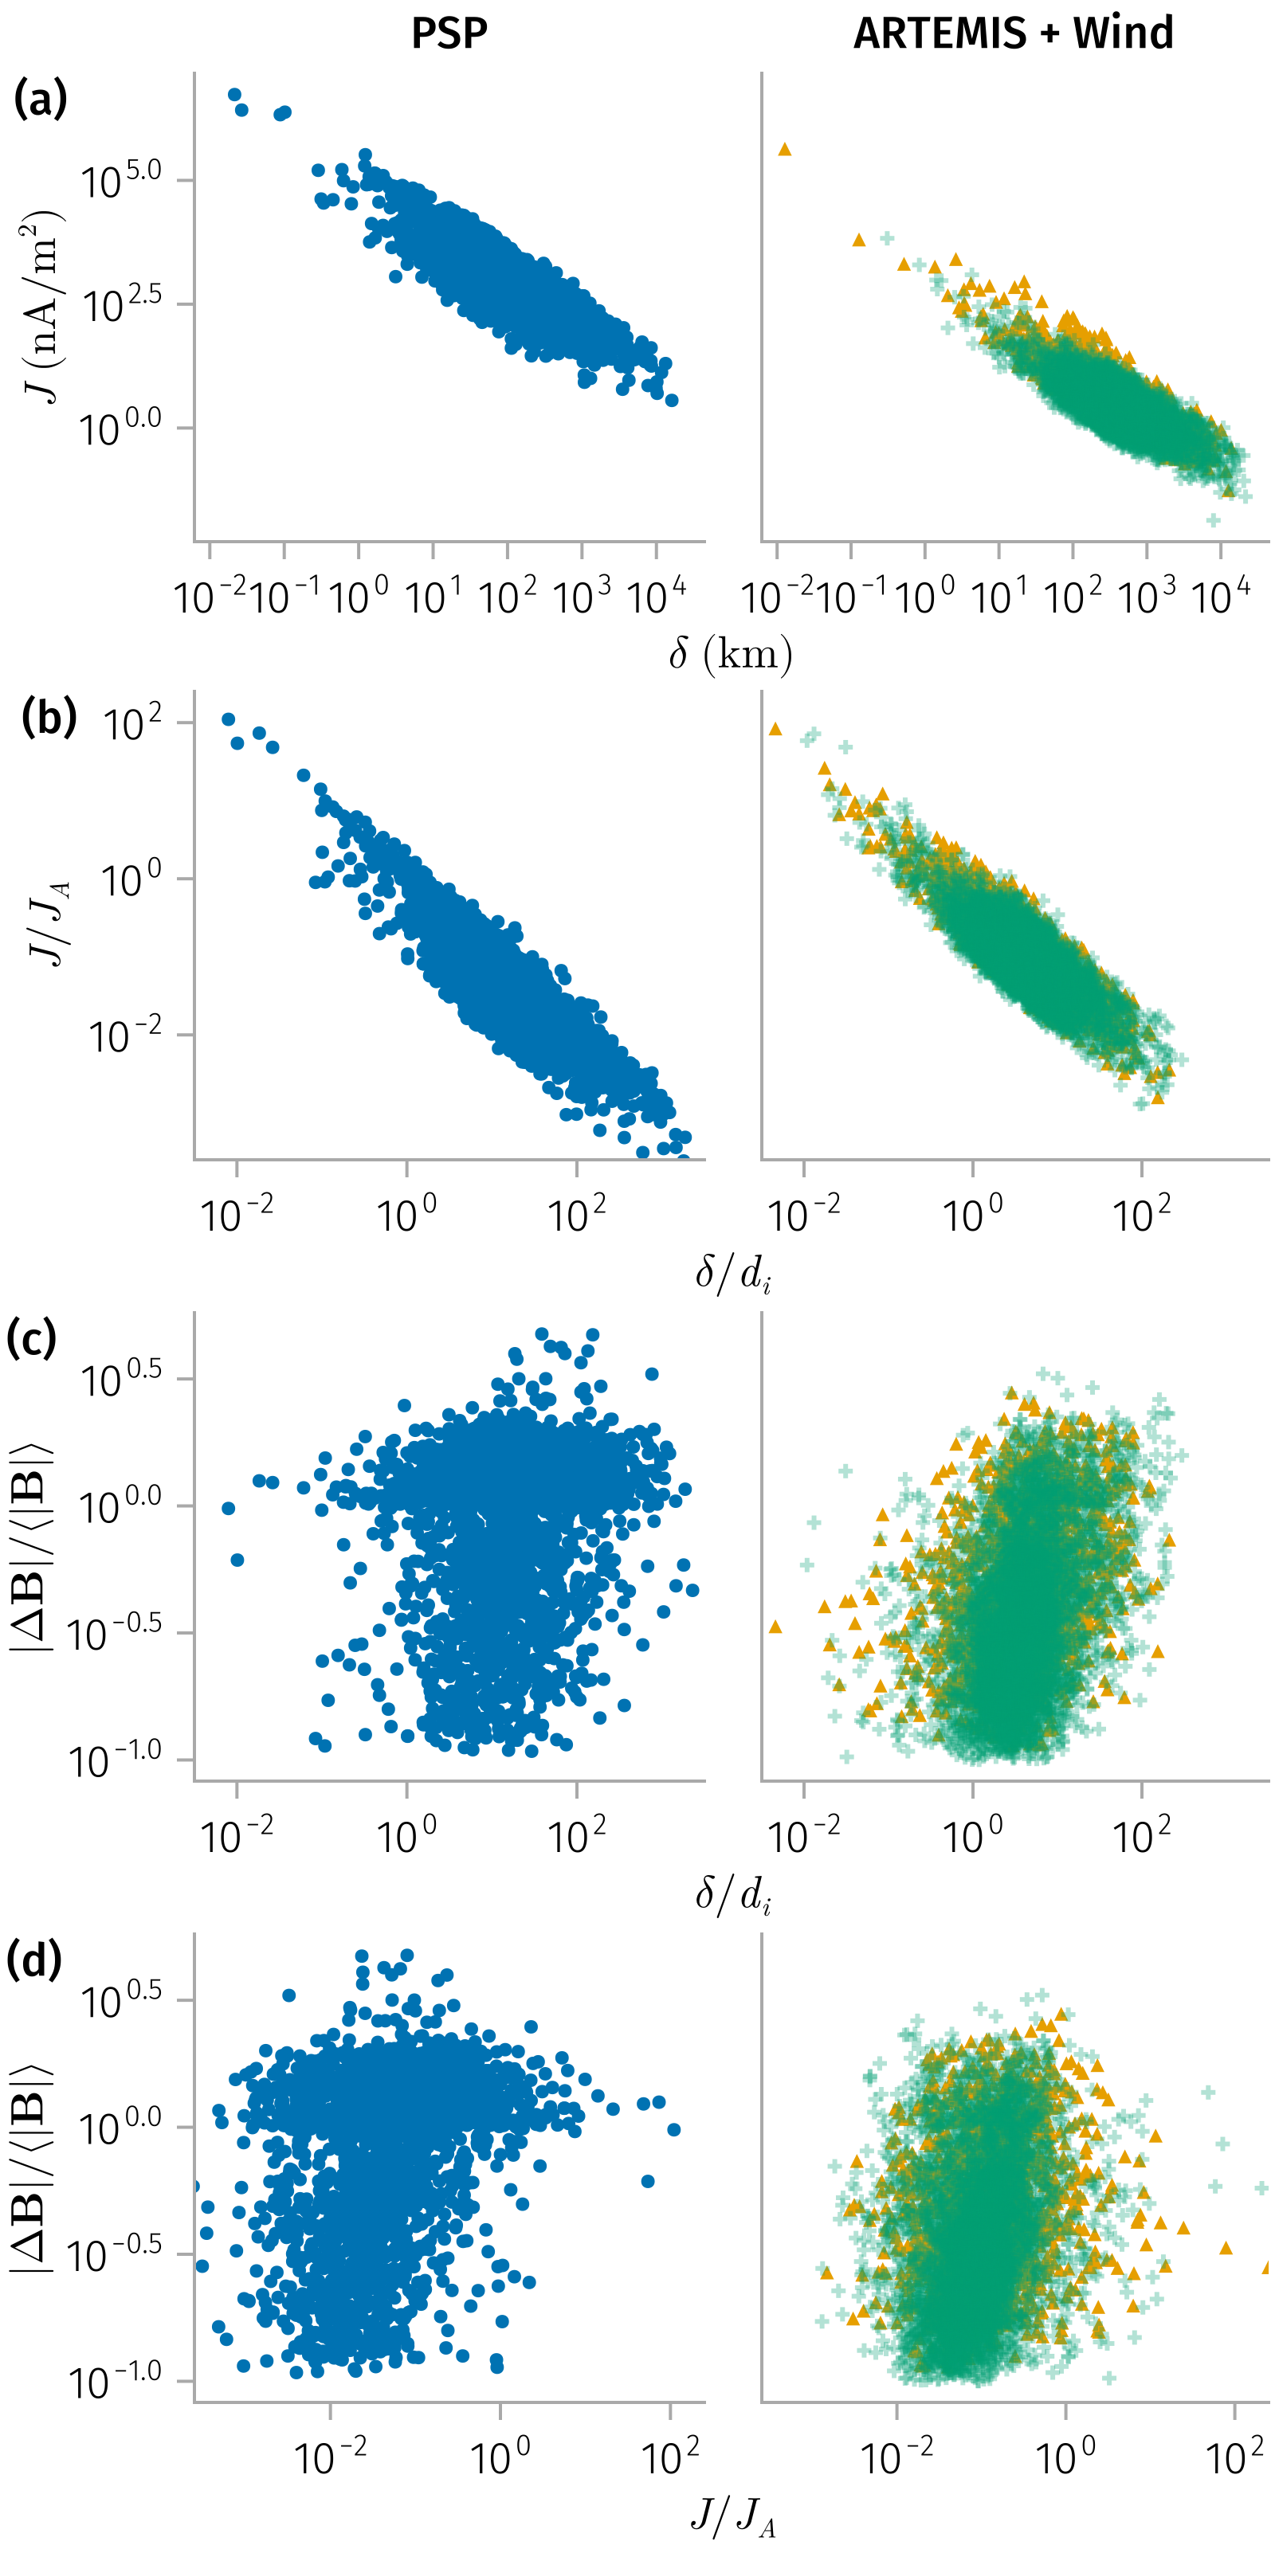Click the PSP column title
click(x=449, y=33)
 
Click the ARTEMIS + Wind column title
click(x=1014, y=33)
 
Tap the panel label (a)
click(x=41, y=100)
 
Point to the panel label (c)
click(x=31, y=1338)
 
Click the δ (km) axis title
click(x=731, y=654)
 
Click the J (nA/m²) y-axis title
click(x=41, y=307)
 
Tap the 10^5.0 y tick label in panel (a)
click(x=121, y=181)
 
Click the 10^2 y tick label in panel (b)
click(x=132, y=723)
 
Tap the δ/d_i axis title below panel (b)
click(x=732, y=1274)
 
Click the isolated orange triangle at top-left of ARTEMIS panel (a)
click(x=785, y=150)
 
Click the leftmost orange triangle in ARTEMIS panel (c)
click(x=775, y=1627)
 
